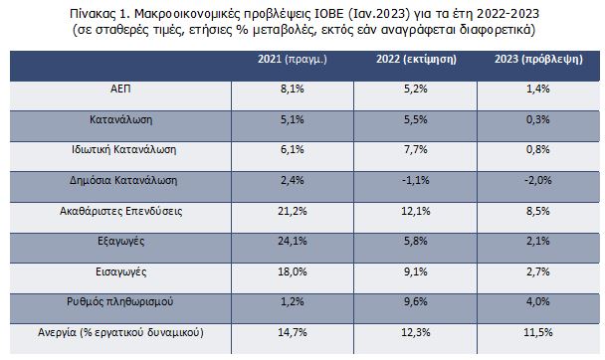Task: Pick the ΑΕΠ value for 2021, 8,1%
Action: point(292,89)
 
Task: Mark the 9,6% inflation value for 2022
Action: point(416,298)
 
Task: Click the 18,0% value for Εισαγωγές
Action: point(292,269)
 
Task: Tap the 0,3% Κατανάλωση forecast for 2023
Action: point(538,118)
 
